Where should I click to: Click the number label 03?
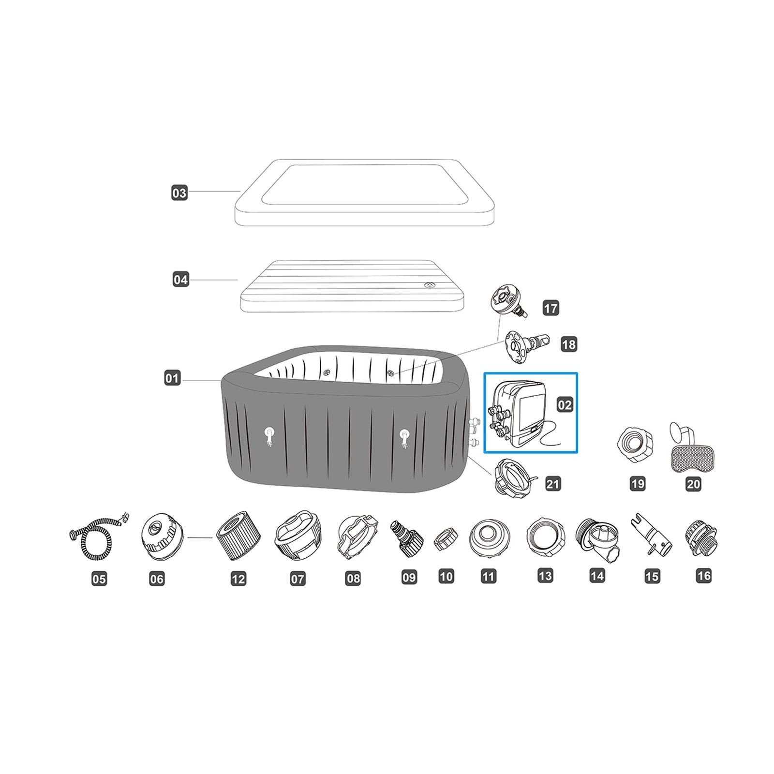(x=179, y=193)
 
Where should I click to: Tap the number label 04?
(x=180, y=280)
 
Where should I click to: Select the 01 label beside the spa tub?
(x=172, y=378)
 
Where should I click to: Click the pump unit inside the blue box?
(x=522, y=413)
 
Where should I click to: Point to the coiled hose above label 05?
(x=99, y=536)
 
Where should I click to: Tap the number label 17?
(x=551, y=308)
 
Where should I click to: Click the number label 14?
(x=597, y=576)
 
